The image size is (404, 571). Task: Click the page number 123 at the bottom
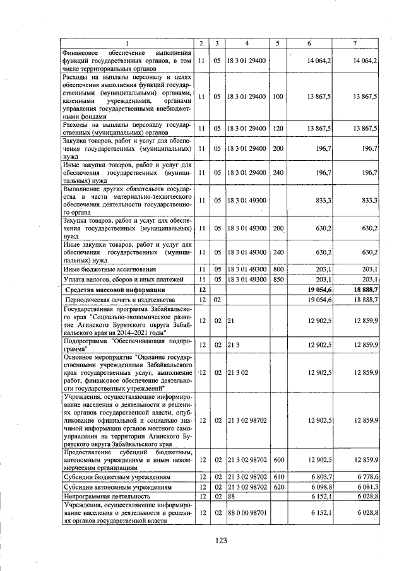click(x=220, y=540)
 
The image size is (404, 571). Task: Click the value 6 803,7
click(x=319, y=478)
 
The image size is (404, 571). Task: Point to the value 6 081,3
click(x=365, y=487)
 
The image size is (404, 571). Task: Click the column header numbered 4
click(x=247, y=42)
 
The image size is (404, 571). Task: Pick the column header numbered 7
click(x=356, y=42)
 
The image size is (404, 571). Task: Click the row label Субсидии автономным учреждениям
click(x=110, y=487)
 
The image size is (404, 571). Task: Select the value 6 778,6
click(x=365, y=478)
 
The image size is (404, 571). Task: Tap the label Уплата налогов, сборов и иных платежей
click(x=122, y=279)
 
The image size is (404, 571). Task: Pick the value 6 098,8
click(x=319, y=487)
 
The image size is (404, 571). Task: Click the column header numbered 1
click(x=126, y=42)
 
